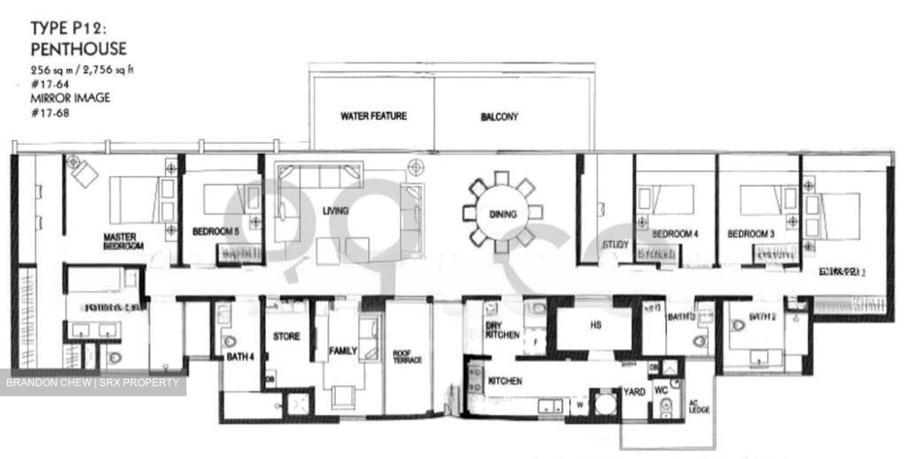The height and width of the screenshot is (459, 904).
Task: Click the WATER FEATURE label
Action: click(x=374, y=116)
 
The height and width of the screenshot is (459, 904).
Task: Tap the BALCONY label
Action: click(x=499, y=117)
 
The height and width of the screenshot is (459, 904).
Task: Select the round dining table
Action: click(x=502, y=213)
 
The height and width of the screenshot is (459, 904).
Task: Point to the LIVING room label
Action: click(x=335, y=211)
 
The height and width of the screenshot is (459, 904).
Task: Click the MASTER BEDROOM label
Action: click(x=124, y=242)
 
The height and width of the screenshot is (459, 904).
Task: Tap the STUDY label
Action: click(x=615, y=244)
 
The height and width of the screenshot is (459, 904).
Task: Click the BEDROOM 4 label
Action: click(x=675, y=234)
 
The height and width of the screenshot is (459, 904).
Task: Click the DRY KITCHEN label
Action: click(x=502, y=330)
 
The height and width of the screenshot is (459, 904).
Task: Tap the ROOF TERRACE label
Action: click(x=407, y=357)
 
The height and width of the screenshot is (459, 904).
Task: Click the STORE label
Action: click(x=286, y=337)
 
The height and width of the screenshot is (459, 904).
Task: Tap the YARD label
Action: click(x=634, y=392)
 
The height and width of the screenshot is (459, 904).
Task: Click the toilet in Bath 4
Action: click(x=230, y=341)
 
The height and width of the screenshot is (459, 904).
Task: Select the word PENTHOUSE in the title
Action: click(x=78, y=49)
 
